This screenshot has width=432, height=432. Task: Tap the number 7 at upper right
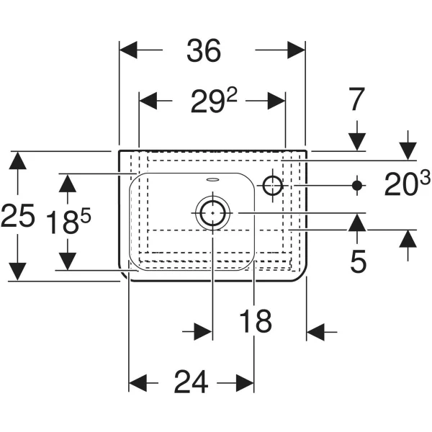tap(358, 99)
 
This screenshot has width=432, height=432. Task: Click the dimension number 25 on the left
tap(18, 216)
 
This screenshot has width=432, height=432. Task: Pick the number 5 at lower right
tap(358, 261)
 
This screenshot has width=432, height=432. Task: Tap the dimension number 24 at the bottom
tap(191, 382)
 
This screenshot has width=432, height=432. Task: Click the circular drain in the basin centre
tap(212, 212)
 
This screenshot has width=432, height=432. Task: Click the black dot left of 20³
tap(356, 186)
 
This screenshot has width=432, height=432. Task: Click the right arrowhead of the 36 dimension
tap(297, 50)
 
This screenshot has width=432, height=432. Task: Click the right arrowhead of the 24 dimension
tap(245, 382)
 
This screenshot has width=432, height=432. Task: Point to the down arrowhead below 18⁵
tap(68, 260)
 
